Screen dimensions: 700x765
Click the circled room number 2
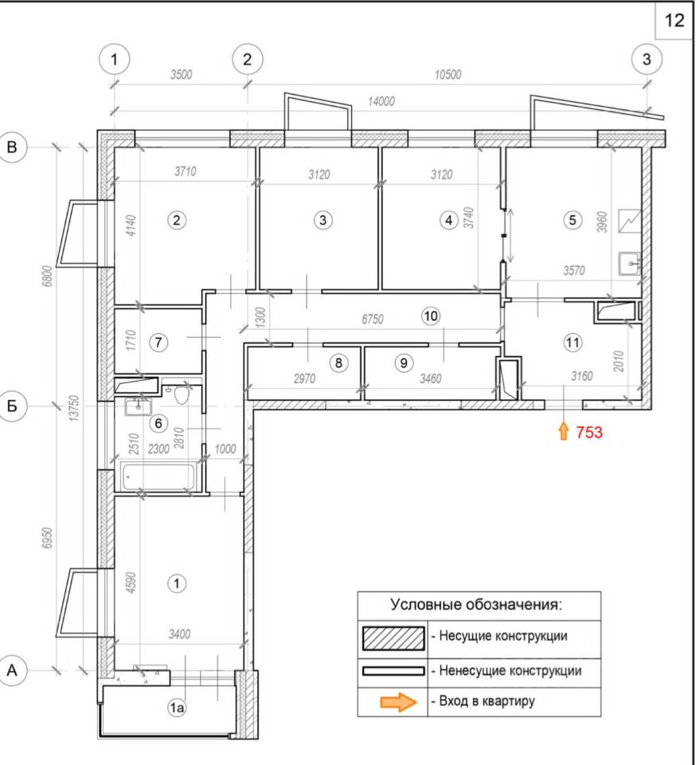[179, 219]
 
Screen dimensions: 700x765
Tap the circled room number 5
[571, 219]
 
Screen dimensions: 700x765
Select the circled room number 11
[572, 343]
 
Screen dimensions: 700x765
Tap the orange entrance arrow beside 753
[563, 432]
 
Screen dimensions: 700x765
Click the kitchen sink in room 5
[630, 262]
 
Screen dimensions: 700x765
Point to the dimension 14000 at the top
[381, 102]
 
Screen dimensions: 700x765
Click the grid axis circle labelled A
[12, 670]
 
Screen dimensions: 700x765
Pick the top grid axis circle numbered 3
[646, 59]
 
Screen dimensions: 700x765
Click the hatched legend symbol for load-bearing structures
[393, 637]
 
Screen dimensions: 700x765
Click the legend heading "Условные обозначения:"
[476, 604]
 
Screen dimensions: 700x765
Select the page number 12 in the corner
[674, 21]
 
